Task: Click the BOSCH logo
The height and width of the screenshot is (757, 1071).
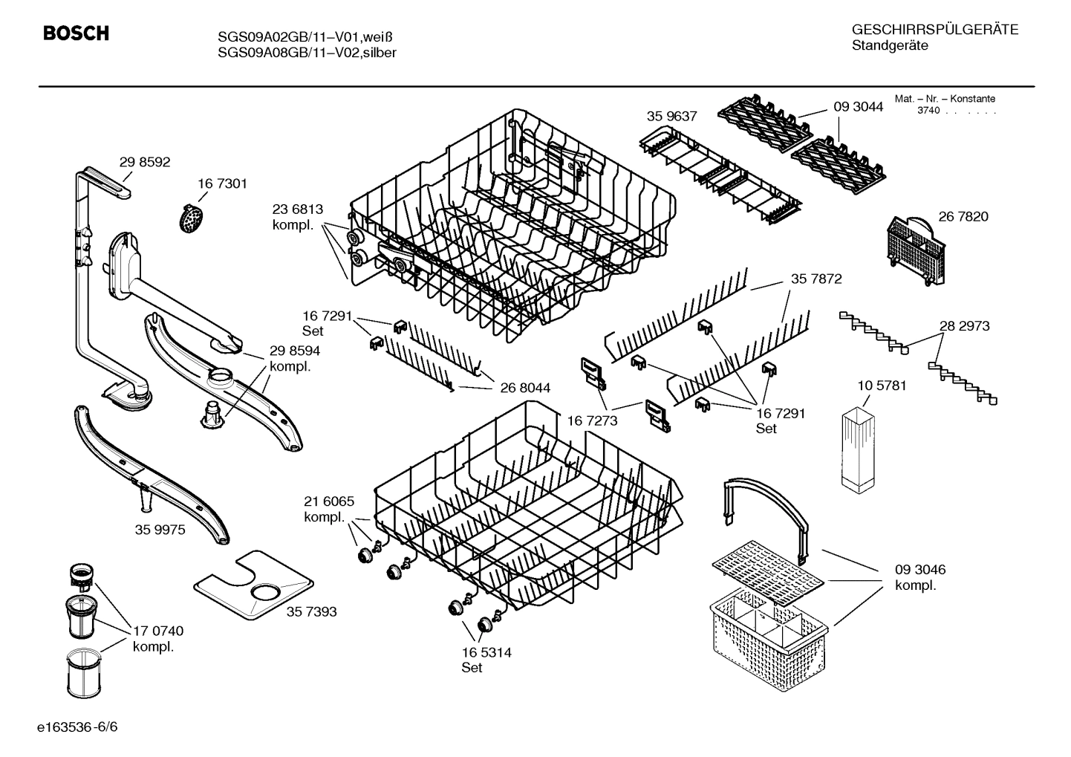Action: [76, 33]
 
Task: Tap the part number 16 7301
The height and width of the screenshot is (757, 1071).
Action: [222, 183]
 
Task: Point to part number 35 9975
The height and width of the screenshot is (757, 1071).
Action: [160, 530]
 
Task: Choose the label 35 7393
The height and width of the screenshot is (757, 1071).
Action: [311, 611]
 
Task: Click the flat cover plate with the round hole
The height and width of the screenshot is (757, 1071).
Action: [253, 587]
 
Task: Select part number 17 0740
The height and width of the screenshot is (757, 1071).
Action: [158, 631]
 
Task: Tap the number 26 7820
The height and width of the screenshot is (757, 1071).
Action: [963, 216]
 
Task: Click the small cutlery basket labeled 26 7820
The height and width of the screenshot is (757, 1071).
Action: [915, 250]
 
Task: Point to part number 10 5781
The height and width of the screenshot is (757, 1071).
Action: [882, 386]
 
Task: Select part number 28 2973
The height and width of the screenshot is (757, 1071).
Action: [964, 325]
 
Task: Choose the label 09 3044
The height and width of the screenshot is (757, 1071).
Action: [858, 106]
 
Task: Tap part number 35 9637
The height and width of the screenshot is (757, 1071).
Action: [671, 116]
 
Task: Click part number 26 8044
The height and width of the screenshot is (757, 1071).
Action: [525, 387]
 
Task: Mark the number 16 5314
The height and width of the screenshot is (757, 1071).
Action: [486, 652]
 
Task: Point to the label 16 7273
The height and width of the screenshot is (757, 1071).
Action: [593, 421]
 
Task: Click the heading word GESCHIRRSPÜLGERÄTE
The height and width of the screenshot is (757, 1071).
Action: [934, 30]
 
